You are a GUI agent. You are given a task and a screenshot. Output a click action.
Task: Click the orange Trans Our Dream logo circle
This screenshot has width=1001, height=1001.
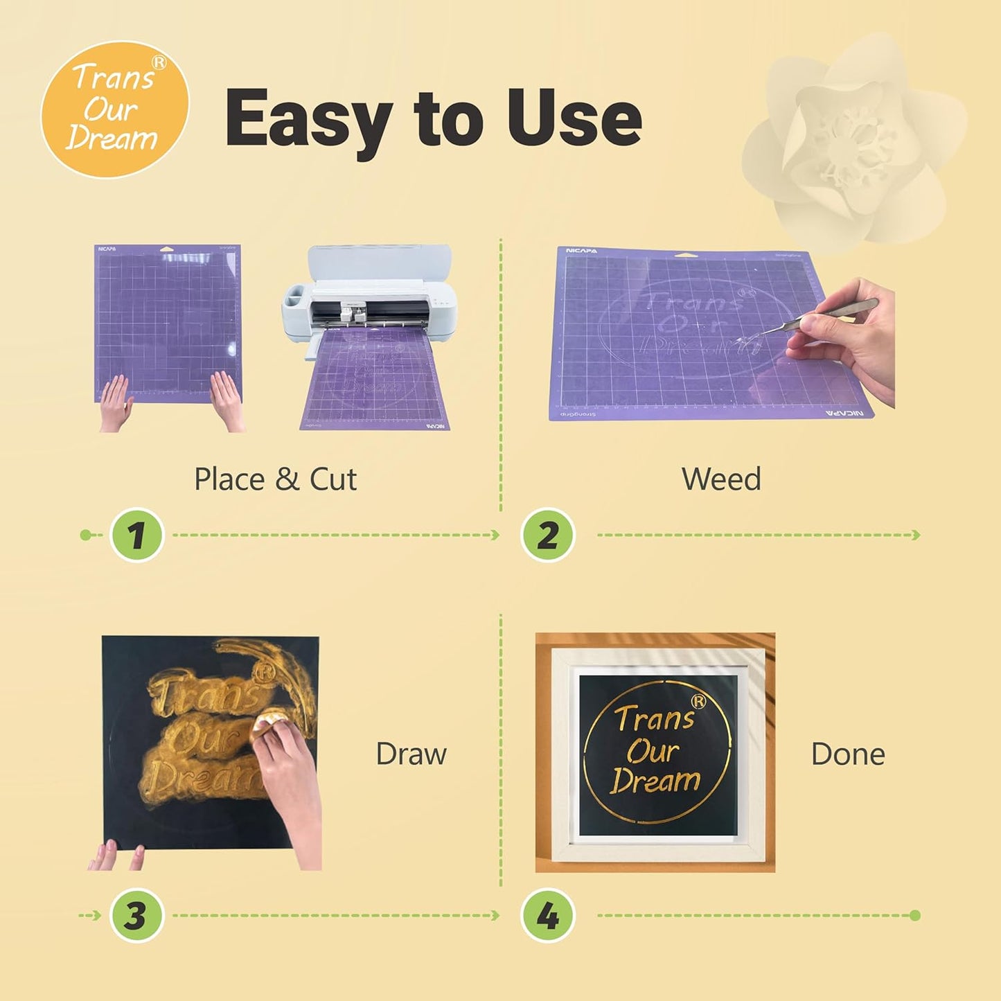coord(114,109)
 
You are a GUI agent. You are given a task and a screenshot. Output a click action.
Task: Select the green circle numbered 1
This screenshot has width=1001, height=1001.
coord(136,535)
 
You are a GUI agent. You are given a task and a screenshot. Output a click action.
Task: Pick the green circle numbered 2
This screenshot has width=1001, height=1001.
coord(547,535)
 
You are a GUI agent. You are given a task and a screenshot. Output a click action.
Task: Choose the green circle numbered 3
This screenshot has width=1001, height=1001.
coord(136,915)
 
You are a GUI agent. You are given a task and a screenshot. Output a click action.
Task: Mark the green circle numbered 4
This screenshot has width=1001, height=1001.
coord(547,915)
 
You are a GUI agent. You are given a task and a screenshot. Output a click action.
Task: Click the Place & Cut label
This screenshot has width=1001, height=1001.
coord(275,479)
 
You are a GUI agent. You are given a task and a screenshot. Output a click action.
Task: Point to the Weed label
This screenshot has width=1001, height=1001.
coord(721,479)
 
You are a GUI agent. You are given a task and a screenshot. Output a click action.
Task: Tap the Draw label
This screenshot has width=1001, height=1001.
coord(411,754)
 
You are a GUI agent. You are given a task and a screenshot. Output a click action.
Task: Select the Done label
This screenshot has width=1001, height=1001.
coord(847,754)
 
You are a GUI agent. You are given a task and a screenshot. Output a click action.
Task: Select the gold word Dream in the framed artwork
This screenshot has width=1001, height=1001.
coord(655,781)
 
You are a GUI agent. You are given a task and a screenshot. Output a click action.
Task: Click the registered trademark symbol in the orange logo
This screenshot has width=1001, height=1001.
coord(159,63)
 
